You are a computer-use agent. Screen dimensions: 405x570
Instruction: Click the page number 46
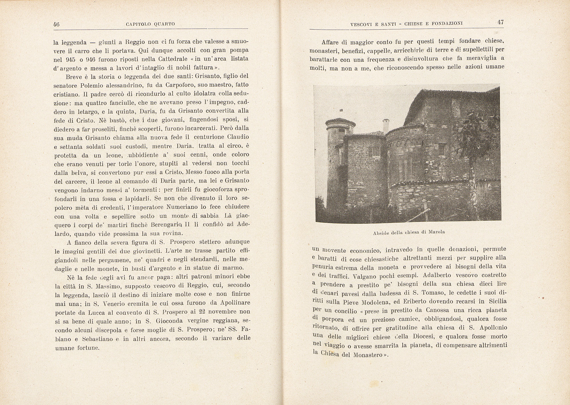56,25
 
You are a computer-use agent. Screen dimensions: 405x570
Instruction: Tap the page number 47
501,23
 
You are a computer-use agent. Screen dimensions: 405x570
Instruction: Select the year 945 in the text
70,59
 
